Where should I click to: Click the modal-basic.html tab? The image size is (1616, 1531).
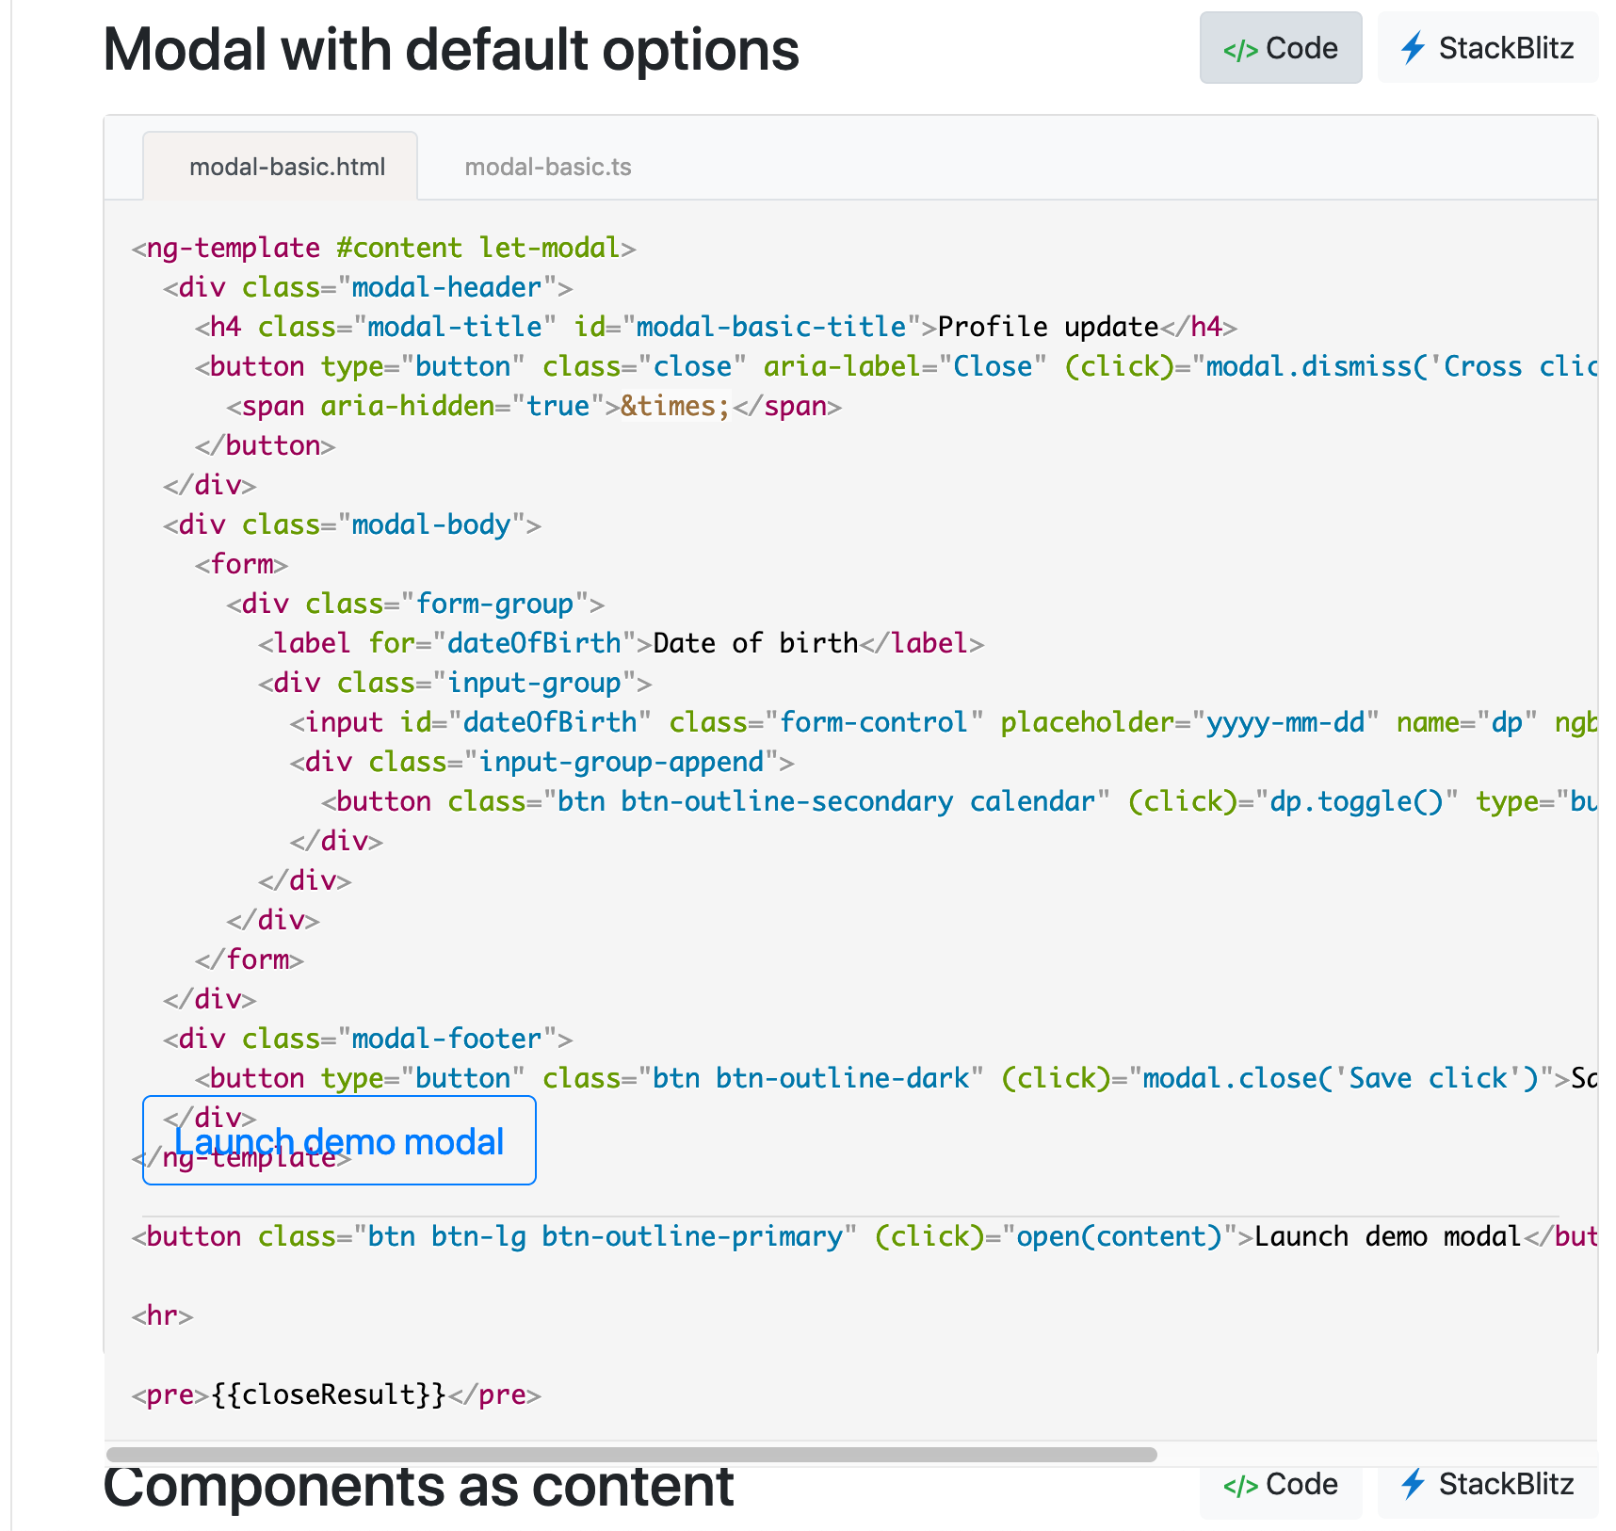point(286,167)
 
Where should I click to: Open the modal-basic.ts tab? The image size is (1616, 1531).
point(547,167)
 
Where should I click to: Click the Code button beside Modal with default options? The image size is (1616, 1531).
point(1280,48)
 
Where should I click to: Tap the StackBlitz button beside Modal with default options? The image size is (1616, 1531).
point(1487,48)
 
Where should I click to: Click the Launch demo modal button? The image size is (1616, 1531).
point(339,1140)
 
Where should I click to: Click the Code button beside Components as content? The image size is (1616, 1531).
point(1280,1485)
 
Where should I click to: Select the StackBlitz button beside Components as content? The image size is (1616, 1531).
point(1487,1485)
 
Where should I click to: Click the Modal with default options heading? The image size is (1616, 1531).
point(451,49)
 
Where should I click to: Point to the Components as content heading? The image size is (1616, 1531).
point(418,1487)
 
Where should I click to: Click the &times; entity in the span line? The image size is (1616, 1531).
point(674,406)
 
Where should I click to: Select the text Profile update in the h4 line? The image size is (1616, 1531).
point(1048,327)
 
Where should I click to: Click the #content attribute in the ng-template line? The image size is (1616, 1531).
point(399,248)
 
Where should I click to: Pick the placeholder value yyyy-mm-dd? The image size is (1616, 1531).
point(1285,722)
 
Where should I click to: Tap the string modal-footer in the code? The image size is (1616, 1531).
point(446,1039)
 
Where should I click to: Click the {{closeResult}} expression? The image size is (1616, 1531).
point(328,1394)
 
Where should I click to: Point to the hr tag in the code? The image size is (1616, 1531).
point(163,1315)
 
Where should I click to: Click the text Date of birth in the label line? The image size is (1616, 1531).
point(755,643)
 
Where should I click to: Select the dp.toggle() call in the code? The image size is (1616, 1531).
point(1356,801)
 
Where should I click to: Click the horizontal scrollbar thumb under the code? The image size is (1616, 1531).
point(631,1455)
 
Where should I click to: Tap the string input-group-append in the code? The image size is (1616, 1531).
point(621,762)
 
